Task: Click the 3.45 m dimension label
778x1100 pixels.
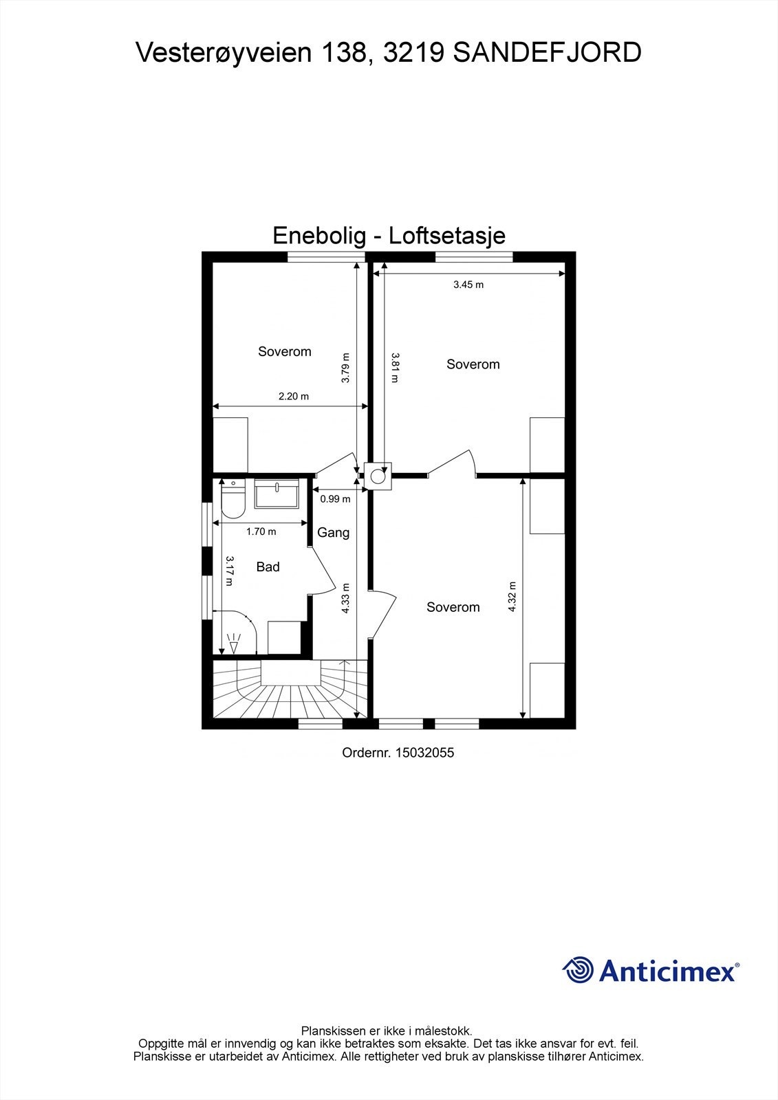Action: click(468, 285)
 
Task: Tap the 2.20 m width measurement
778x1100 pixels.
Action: click(294, 396)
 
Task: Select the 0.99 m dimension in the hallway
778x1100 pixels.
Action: click(335, 499)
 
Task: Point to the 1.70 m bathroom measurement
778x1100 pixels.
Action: click(261, 531)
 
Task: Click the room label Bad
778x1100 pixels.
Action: click(268, 567)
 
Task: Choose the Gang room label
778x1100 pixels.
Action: click(333, 533)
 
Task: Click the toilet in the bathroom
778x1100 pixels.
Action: click(233, 500)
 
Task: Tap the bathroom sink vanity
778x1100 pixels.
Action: click(277, 494)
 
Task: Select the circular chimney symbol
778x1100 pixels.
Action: click(378, 475)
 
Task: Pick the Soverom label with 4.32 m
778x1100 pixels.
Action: click(453, 607)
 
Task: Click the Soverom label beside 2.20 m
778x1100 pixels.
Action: click(284, 352)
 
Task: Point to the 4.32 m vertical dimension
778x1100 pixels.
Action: click(512, 597)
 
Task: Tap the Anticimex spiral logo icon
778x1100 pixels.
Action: click(578, 971)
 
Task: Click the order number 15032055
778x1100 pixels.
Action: click(424, 753)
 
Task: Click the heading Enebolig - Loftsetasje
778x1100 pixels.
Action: click(389, 236)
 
